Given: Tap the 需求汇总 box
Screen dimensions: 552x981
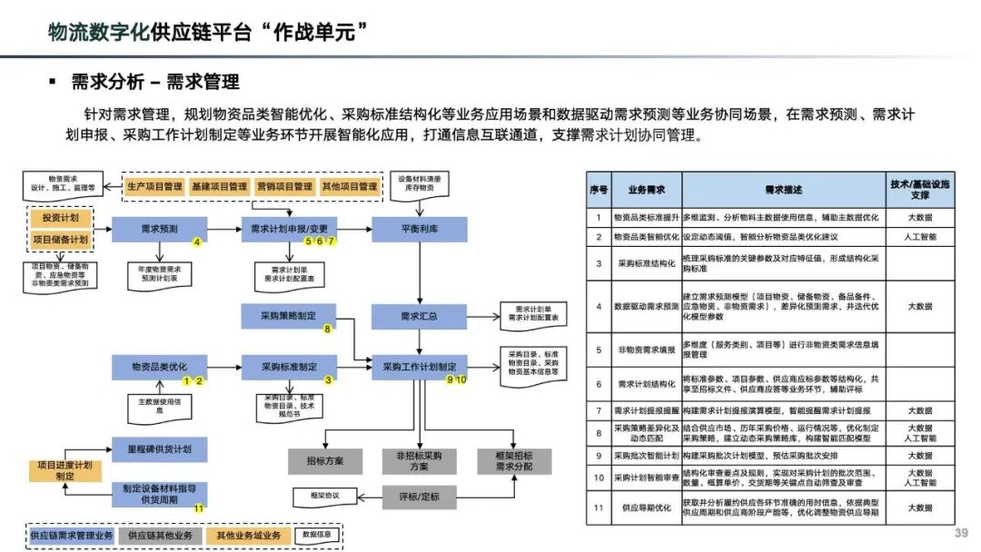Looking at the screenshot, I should pyautogui.click(x=419, y=317).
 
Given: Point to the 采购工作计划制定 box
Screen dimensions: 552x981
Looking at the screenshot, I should pyautogui.click(x=419, y=367).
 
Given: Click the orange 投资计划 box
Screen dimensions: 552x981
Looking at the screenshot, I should pyautogui.click(x=61, y=219).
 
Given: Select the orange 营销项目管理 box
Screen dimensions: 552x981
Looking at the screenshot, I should pyautogui.click(x=283, y=187).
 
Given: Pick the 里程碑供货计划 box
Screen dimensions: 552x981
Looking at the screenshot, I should pyautogui.click(x=159, y=448).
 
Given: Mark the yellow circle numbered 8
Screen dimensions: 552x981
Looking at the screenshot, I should pyautogui.click(x=327, y=329).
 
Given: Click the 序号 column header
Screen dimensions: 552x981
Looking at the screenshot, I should pyautogui.click(x=598, y=190).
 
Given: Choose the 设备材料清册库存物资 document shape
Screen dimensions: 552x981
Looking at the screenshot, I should pyautogui.click(x=419, y=182).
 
